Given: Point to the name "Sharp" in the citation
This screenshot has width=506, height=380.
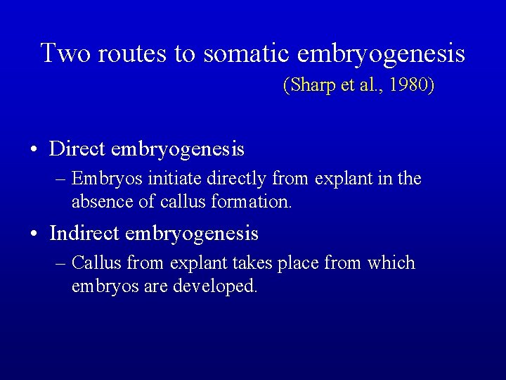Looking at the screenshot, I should click(307, 86).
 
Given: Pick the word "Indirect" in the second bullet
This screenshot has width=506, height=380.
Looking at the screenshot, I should click(85, 233).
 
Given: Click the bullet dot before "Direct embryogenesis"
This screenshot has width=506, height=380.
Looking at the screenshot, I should click(34, 151).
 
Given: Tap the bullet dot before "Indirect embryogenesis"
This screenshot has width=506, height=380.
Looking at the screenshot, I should click(34, 234).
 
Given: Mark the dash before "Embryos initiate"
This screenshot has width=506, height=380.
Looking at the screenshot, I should click(61, 179).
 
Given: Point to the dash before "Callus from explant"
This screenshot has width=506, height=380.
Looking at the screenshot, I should click(61, 264).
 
